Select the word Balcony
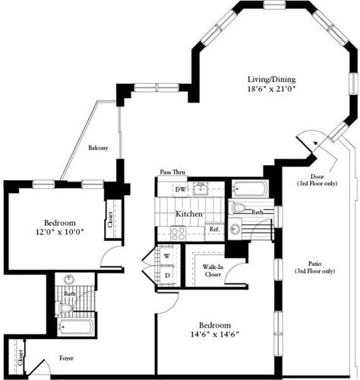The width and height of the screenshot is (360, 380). coord(98,147)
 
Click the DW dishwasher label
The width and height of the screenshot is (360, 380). coord(180,190)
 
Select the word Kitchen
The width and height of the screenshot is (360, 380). coord(189,214)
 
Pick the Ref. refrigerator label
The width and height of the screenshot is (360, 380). coord(214,229)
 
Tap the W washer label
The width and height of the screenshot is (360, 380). coord(166,255)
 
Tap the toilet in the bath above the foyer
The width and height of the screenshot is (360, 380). coord(64,308)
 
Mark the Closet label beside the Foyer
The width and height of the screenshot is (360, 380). coord(17,353)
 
